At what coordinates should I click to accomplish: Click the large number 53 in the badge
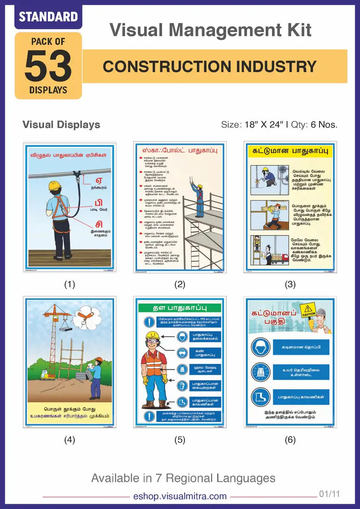pyautogui.click(x=48, y=66)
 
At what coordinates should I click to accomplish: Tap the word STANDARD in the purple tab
pyautogui.click(x=48, y=17)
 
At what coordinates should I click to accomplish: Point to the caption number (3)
pyautogui.click(x=290, y=284)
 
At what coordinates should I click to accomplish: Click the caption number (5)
pyautogui.click(x=180, y=440)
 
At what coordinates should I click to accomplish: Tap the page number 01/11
pyautogui.click(x=329, y=494)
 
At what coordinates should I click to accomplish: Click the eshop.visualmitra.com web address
pyautogui.click(x=180, y=496)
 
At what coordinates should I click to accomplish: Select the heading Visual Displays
pyautogui.click(x=61, y=125)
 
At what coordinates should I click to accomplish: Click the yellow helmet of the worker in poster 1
pyautogui.click(x=54, y=185)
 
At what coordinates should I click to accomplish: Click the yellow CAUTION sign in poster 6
pyautogui.click(x=309, y=313)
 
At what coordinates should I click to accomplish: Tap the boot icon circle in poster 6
pyautogui.click(x=260, y=397)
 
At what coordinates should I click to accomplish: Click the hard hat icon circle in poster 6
pyautogui.click(x=260, y=347)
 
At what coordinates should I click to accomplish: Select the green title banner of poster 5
pyautogui.click(x=180, y=307)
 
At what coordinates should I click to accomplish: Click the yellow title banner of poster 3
pyautogui.click(x=290, y=152)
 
